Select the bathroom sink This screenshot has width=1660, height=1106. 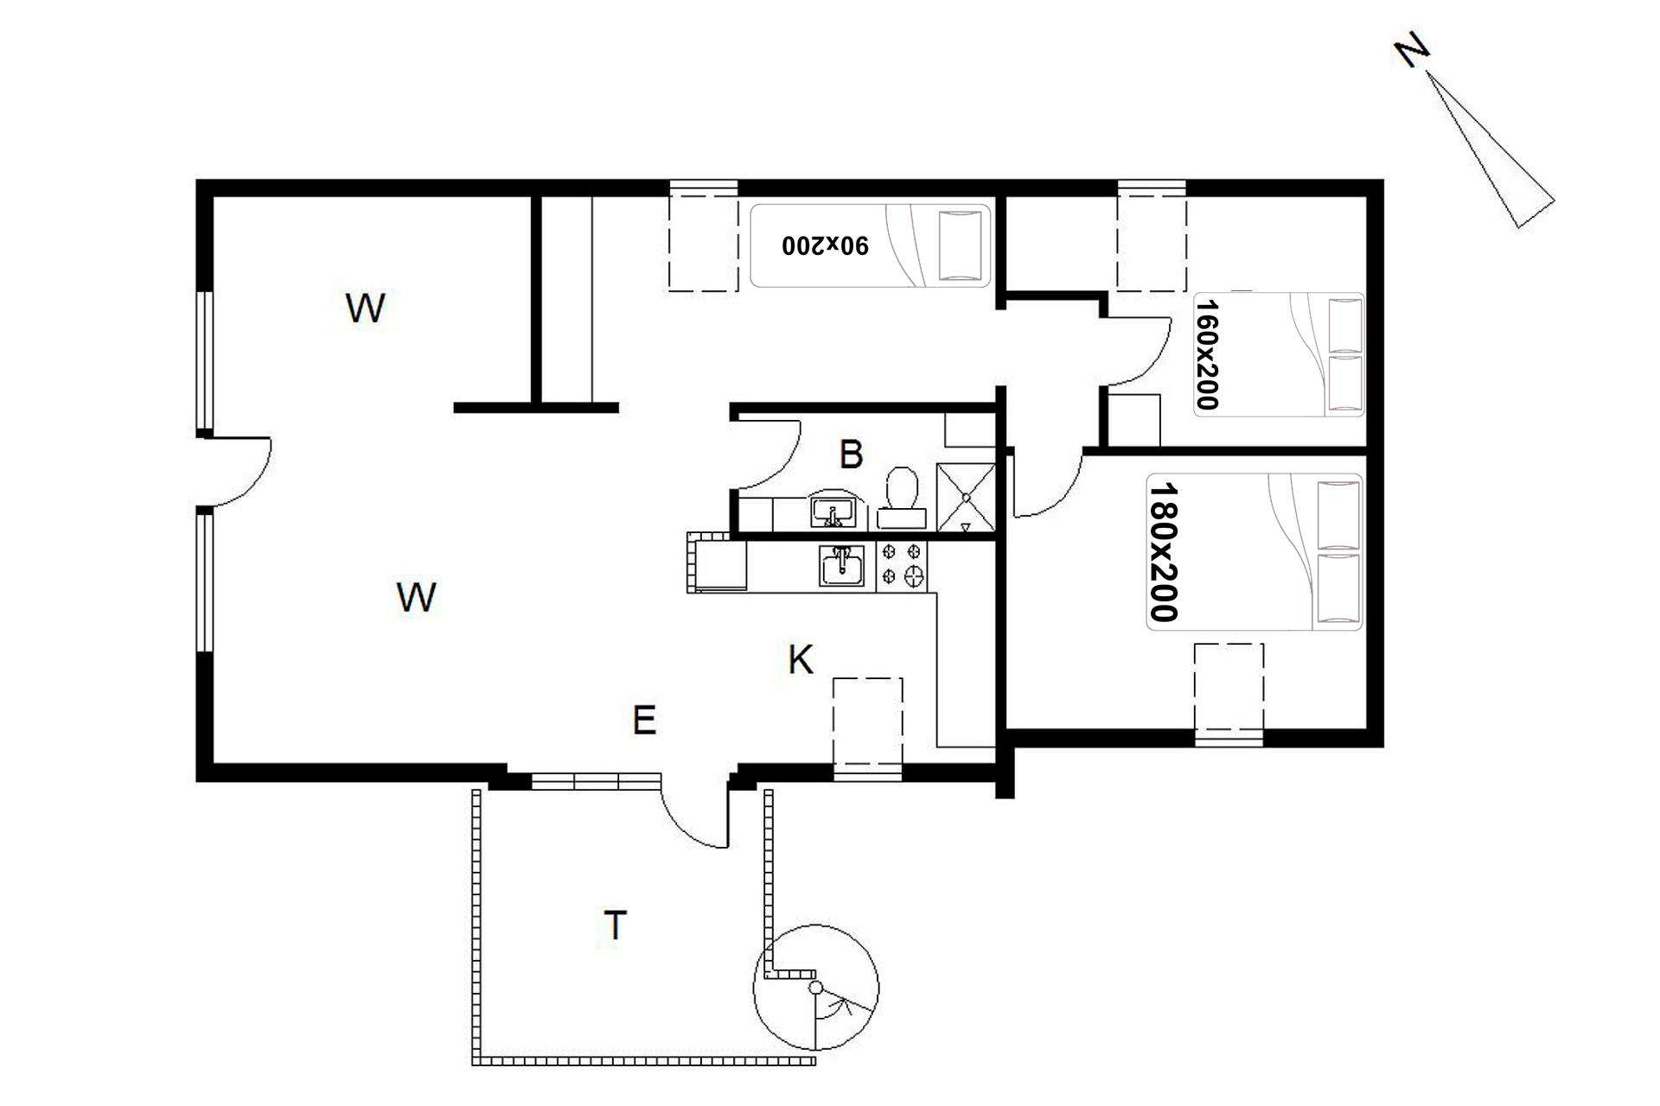pyautogui.click(x=833, y=512)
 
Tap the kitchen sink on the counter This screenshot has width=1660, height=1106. pyautogui.click(x=841, y=567)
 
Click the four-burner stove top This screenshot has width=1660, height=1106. pyautogui.click(x=902, y=566)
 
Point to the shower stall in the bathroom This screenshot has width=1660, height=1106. pyautogui.click(x=966, y=498)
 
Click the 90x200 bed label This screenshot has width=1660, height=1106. pyautogui.click(x=825, y=245)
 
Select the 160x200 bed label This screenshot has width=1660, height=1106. pyautogui.click(x=1206, y=354)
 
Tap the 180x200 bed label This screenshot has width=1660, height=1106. pyautogui.click(x=1164, y=552)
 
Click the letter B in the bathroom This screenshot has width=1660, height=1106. pyautogui.click(x=852, y=454)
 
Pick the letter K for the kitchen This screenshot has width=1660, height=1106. pyautogui.click(x=801, y=660)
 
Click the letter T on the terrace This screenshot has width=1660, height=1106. pyautogui.click(x=615, y=925)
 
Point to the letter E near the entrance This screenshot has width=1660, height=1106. pyautogui.click(x=644, y=720)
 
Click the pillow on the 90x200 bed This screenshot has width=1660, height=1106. pyautogui.click(x=961, y=245)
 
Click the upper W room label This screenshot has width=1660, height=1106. pyautogui.click(x=365, y=308)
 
